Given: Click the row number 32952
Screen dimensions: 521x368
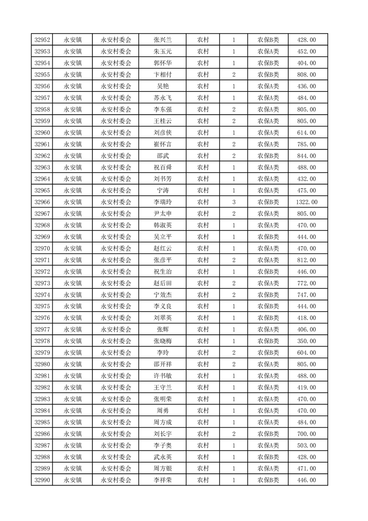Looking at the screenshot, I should [x=42, y=40].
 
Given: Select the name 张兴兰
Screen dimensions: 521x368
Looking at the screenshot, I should [x=162, y=40].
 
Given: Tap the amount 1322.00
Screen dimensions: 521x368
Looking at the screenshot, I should [x=306, y=202].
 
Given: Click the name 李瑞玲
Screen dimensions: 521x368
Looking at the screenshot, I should [x=162, y=202].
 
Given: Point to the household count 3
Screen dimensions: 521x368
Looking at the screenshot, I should [x=233, y=202].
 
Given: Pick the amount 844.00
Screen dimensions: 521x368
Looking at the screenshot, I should [x=306, y=156].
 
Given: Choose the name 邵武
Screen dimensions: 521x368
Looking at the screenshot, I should [x=162, y=156].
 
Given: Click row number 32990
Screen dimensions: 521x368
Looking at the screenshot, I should [x=42, y=480].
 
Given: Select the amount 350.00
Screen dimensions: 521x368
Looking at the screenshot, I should [x=306, y=341].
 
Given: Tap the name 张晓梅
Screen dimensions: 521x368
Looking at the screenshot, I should [x=162, y=341].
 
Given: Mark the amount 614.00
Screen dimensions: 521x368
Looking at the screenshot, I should [x=306, y=132].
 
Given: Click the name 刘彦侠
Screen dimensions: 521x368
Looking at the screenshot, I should [x=162, y=132].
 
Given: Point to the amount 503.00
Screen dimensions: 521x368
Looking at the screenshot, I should [x=306, y=445].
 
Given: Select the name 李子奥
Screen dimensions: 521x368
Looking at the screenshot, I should [x=162, y=445].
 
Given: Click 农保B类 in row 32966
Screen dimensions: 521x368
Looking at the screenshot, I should [x=268, y=202].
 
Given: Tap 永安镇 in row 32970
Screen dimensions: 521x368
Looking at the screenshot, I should [x=73, y=248].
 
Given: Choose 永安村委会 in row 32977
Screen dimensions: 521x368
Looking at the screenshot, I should [x=116, y=329].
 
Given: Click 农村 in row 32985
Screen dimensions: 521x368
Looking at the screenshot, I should [x=203, y=422].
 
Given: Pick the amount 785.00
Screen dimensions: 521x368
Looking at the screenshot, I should [x=306, y=144].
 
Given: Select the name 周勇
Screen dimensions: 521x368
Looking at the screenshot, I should [x=162, y=410].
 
